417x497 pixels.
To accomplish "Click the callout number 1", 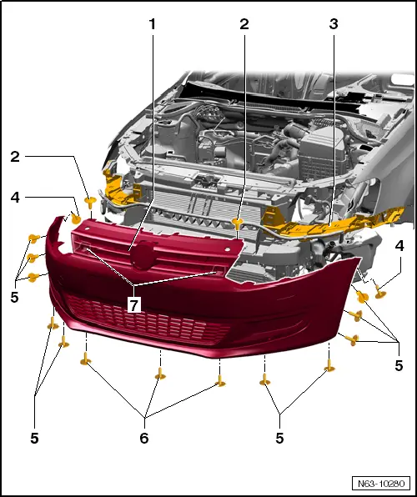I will [153, 24].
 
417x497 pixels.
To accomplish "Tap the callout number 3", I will [334, 24].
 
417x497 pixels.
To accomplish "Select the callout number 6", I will [144, 437].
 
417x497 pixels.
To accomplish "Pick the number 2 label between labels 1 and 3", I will [244, 24].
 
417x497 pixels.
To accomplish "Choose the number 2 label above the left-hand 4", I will [15, 156].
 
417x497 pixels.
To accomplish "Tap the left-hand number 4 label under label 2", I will [15, 198].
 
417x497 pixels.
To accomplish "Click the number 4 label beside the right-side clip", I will [399, 246].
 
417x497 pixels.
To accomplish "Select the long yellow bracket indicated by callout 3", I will [334, 223].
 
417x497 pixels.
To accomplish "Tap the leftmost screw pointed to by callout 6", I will [84, 360].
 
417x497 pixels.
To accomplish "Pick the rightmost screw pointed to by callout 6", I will [220, 380].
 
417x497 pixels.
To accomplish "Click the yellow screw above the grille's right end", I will [239, 223].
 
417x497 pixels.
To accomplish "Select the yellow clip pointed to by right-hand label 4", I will [380, 290].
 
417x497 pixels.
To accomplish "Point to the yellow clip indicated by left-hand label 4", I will [75, 218].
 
